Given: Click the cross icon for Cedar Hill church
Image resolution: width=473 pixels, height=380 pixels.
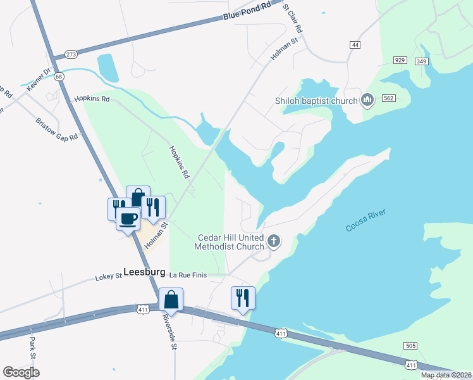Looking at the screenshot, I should click(274, 241).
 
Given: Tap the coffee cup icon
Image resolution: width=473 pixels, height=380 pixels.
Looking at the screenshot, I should click(128, 219).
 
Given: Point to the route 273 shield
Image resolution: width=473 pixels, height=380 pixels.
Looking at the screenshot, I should click(71, 54).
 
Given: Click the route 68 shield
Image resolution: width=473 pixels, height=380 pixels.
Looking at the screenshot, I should click(59, 77).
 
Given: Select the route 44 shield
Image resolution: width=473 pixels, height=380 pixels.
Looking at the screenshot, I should click(355, 45).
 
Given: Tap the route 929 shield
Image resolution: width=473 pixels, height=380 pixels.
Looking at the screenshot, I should click(399, 60).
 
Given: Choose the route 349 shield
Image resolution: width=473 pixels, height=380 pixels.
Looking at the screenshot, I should click(422, 61).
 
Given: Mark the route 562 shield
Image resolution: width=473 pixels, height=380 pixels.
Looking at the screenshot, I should click(388, 98).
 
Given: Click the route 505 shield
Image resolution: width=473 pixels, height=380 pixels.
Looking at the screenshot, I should click(410, 345).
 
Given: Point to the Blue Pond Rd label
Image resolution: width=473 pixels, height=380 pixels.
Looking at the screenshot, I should click(247, 12).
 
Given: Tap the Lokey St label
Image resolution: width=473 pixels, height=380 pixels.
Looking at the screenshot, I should click(107, 277).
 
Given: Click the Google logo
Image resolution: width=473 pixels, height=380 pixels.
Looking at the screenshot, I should click(21, 372).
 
